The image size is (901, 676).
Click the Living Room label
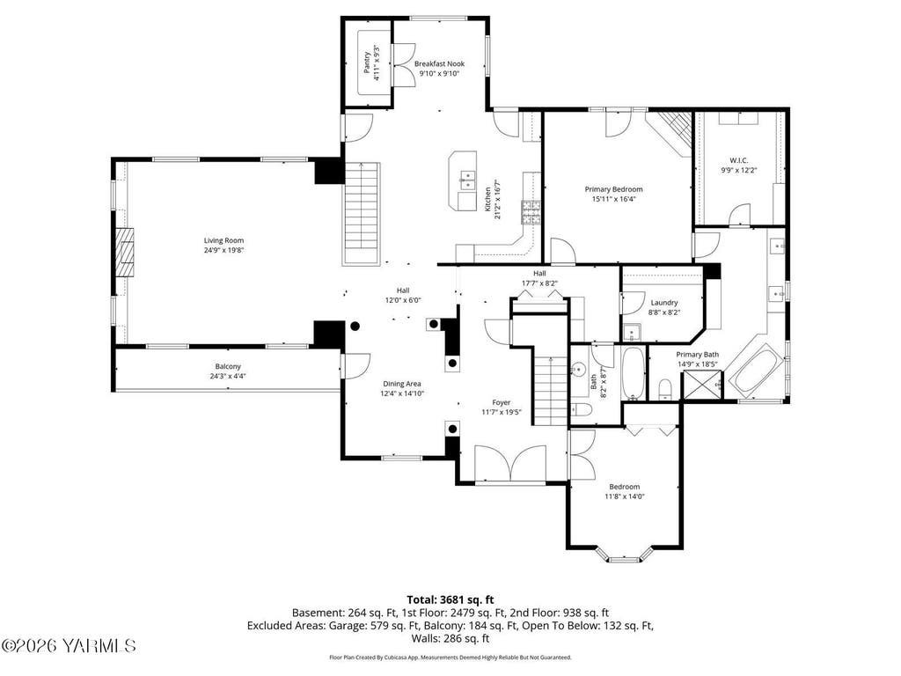point(223,240)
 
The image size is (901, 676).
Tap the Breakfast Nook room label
point(440,63)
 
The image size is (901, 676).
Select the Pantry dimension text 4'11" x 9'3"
point(377,62)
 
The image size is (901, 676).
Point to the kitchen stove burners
point(531,211)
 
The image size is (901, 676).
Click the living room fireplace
point(125,253)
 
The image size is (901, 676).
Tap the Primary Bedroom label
point(613,189)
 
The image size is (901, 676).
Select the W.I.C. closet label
point(739,160)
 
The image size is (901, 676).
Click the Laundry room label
point(664,303)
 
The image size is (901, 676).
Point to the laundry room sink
point(633,333)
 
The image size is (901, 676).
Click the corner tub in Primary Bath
point(756,371)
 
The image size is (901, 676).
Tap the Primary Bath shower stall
point(701,386)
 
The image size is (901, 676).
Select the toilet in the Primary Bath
point(665,390)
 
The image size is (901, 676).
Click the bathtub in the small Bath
point(634,373)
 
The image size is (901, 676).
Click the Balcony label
point(228,366)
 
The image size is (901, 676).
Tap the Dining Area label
point(402,384)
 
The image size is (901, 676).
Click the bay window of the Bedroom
point(625,555)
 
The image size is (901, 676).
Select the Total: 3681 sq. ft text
point(450,600)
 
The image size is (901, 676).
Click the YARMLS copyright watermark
point(69,645)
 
